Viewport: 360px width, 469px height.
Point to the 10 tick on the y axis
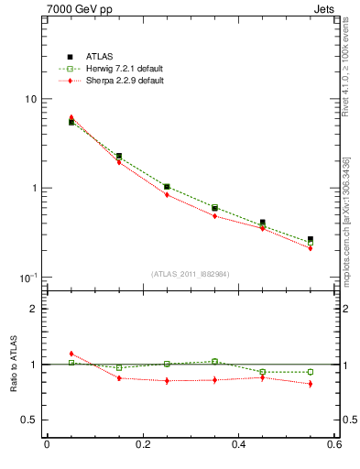30,99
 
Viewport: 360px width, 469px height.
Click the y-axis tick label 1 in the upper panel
33,188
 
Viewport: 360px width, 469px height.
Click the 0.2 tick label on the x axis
142,445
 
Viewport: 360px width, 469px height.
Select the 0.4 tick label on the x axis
238,445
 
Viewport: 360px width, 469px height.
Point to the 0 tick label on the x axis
47,445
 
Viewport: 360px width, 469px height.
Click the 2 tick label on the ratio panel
33,309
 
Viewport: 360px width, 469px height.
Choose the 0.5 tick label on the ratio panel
28,420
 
